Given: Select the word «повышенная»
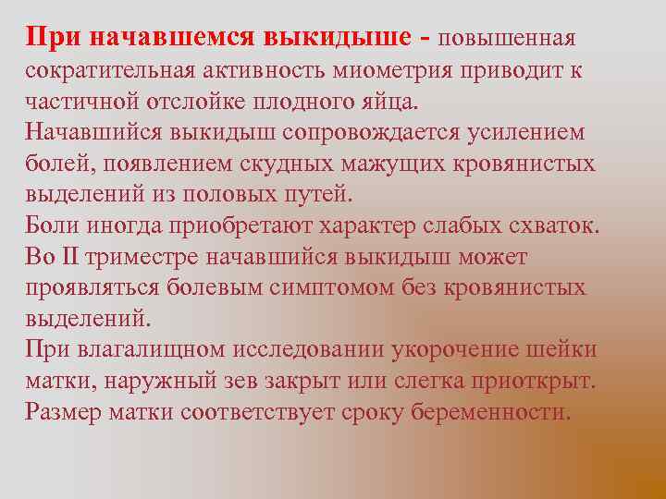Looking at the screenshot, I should tap(506, 38).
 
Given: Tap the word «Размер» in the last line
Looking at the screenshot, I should tap(67, 412).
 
